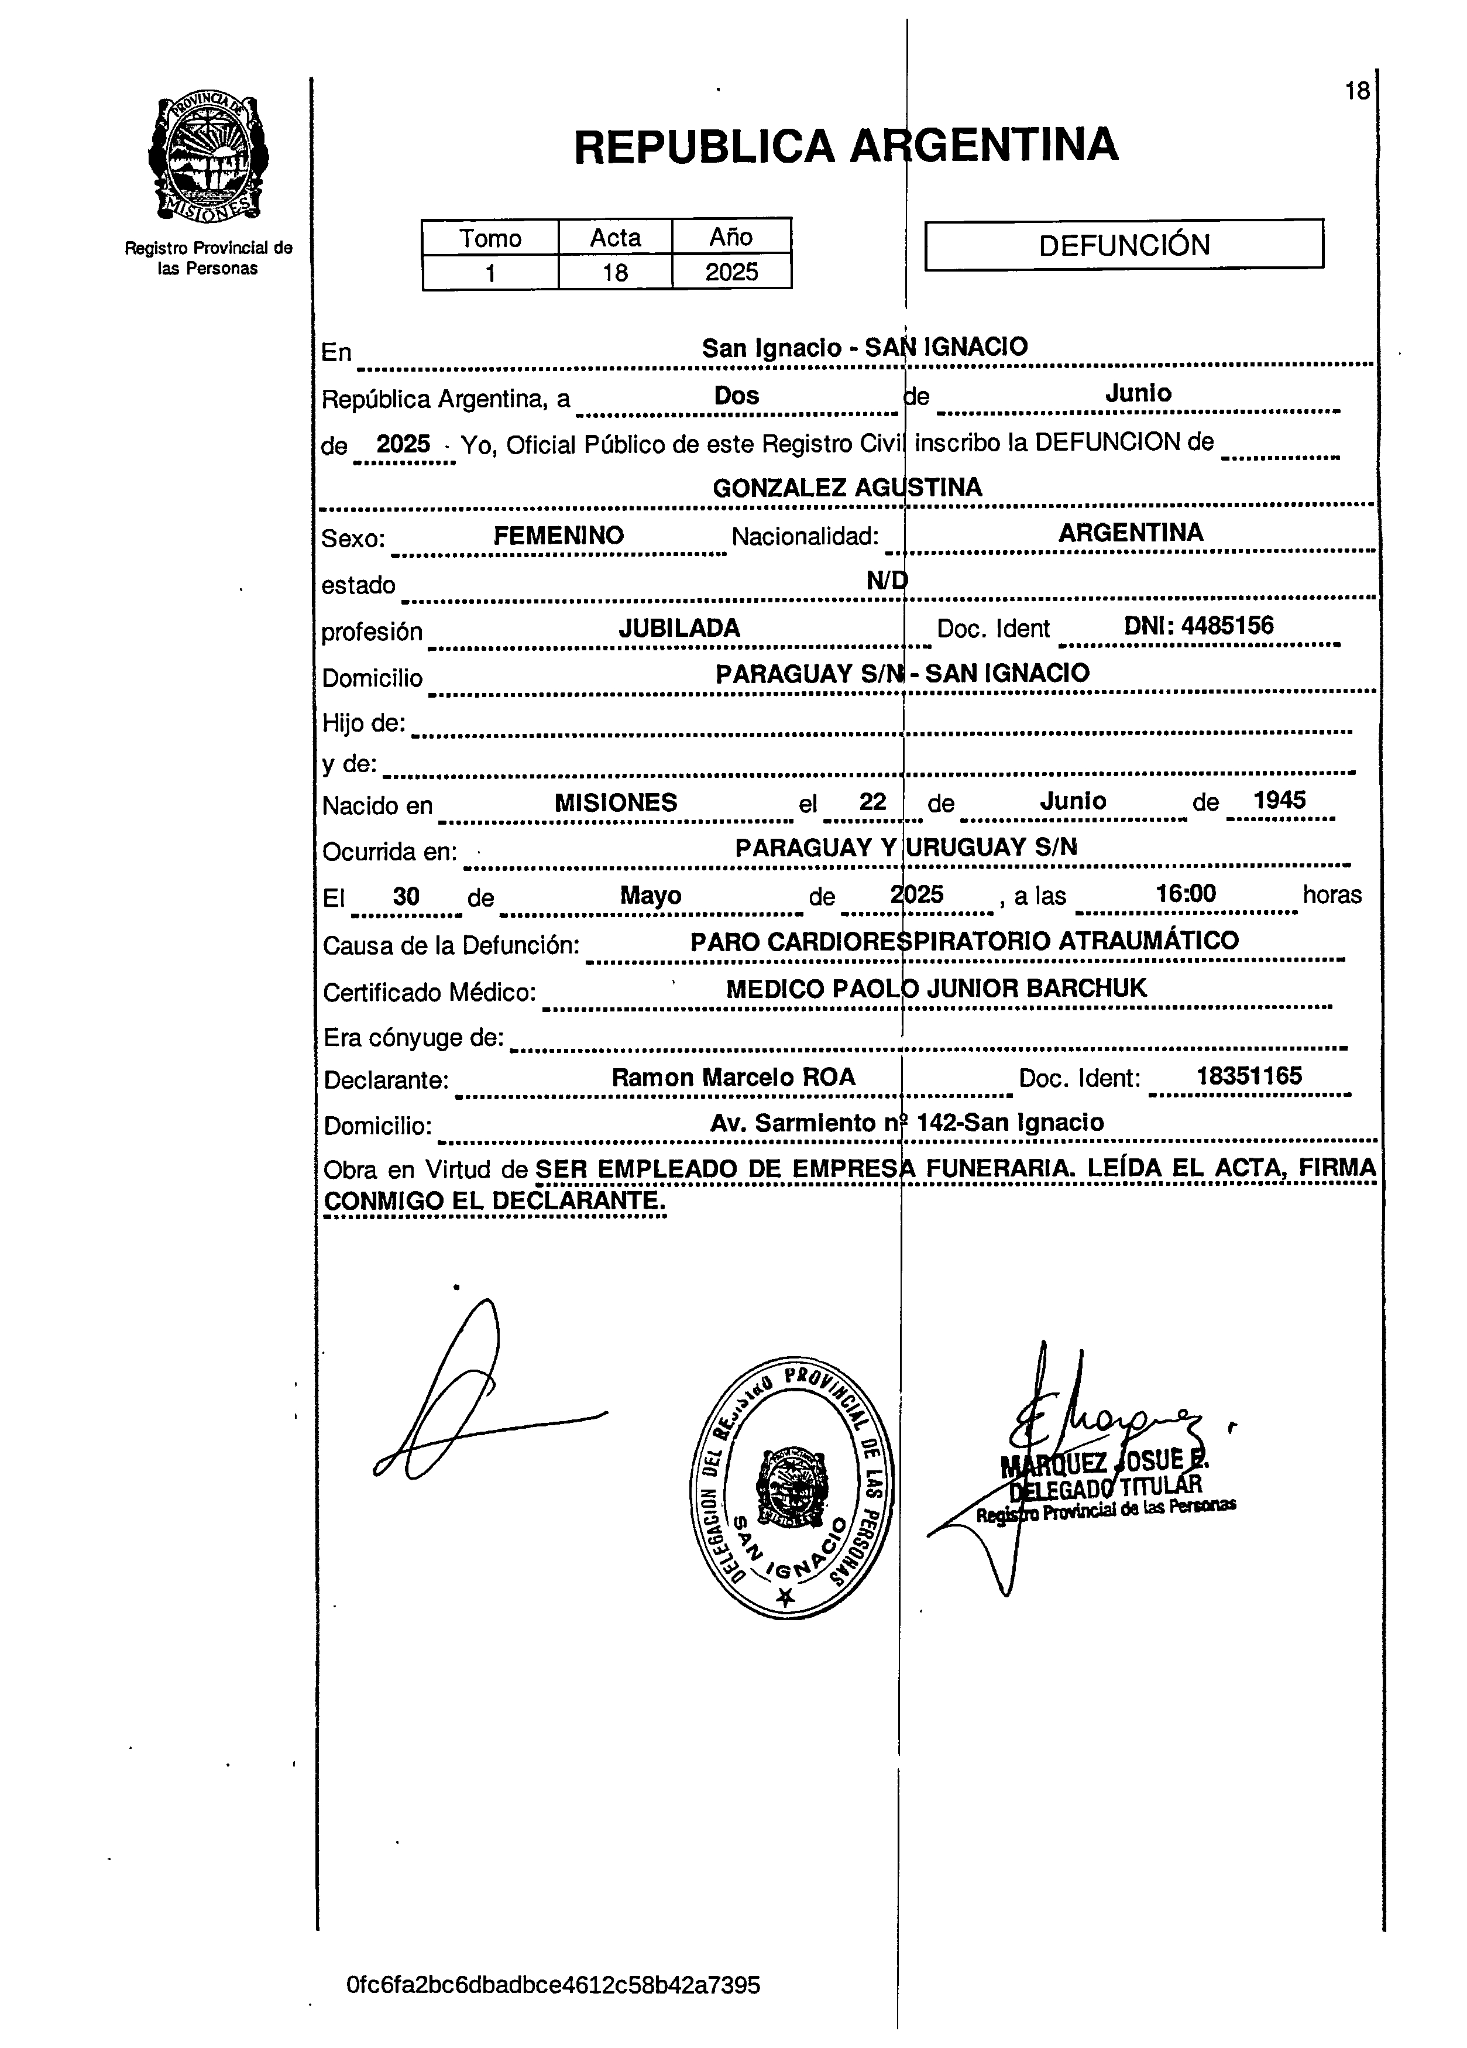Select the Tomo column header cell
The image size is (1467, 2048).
pyautogui.click(x=490, y=238)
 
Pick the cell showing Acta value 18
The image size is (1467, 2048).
pyautogui.click(x=615, y=272)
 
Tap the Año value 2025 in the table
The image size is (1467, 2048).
pyautogui.click(x=731, y=272)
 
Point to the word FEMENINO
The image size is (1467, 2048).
pyautogui.click(x=558, y=536)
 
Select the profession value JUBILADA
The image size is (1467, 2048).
pyautogui.click(x=679, y=629)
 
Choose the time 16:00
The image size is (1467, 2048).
pyautogui.click(x=1186, y=894)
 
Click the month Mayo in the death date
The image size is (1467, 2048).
pyautogui.click(x=650, y=896)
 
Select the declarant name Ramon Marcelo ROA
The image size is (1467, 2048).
pyautogui.click(x=733, y=1078)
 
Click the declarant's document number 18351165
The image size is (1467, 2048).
pyautogui.click(x=1249, y=1075)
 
